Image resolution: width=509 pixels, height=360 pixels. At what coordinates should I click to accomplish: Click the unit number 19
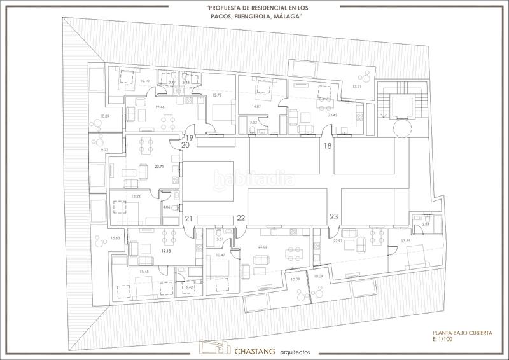pos(189,137)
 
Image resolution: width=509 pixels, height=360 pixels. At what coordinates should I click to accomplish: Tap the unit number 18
pos(328,146)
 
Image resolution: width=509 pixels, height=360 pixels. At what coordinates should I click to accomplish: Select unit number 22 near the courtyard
pos(241,218)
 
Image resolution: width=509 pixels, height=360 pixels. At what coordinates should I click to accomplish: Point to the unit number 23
pos(333,217)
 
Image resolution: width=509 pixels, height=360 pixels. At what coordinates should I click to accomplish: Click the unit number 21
pos(189,219)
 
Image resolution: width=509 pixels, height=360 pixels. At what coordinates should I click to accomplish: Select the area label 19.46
pos(143,107)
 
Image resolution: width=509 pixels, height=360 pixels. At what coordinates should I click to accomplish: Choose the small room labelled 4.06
pos(167,207)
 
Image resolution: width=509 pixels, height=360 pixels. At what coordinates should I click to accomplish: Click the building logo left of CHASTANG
pos(214,347)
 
